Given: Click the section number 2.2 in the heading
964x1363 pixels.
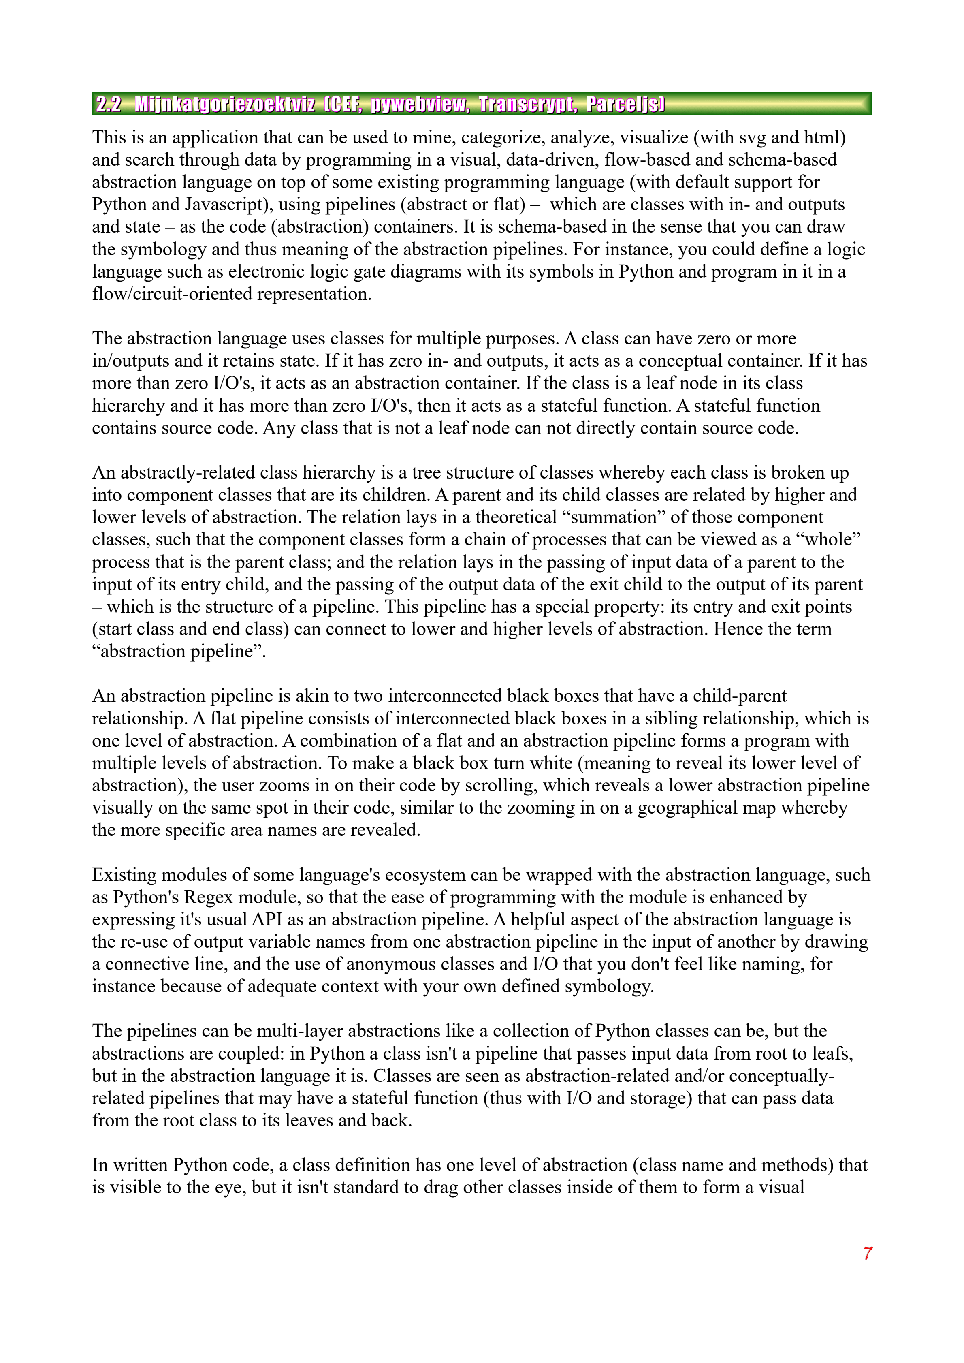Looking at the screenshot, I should [109, 105].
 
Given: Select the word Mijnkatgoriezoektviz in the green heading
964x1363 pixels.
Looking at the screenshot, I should [225, 105].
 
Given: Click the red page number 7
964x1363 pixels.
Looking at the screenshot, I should [867, 1253].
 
